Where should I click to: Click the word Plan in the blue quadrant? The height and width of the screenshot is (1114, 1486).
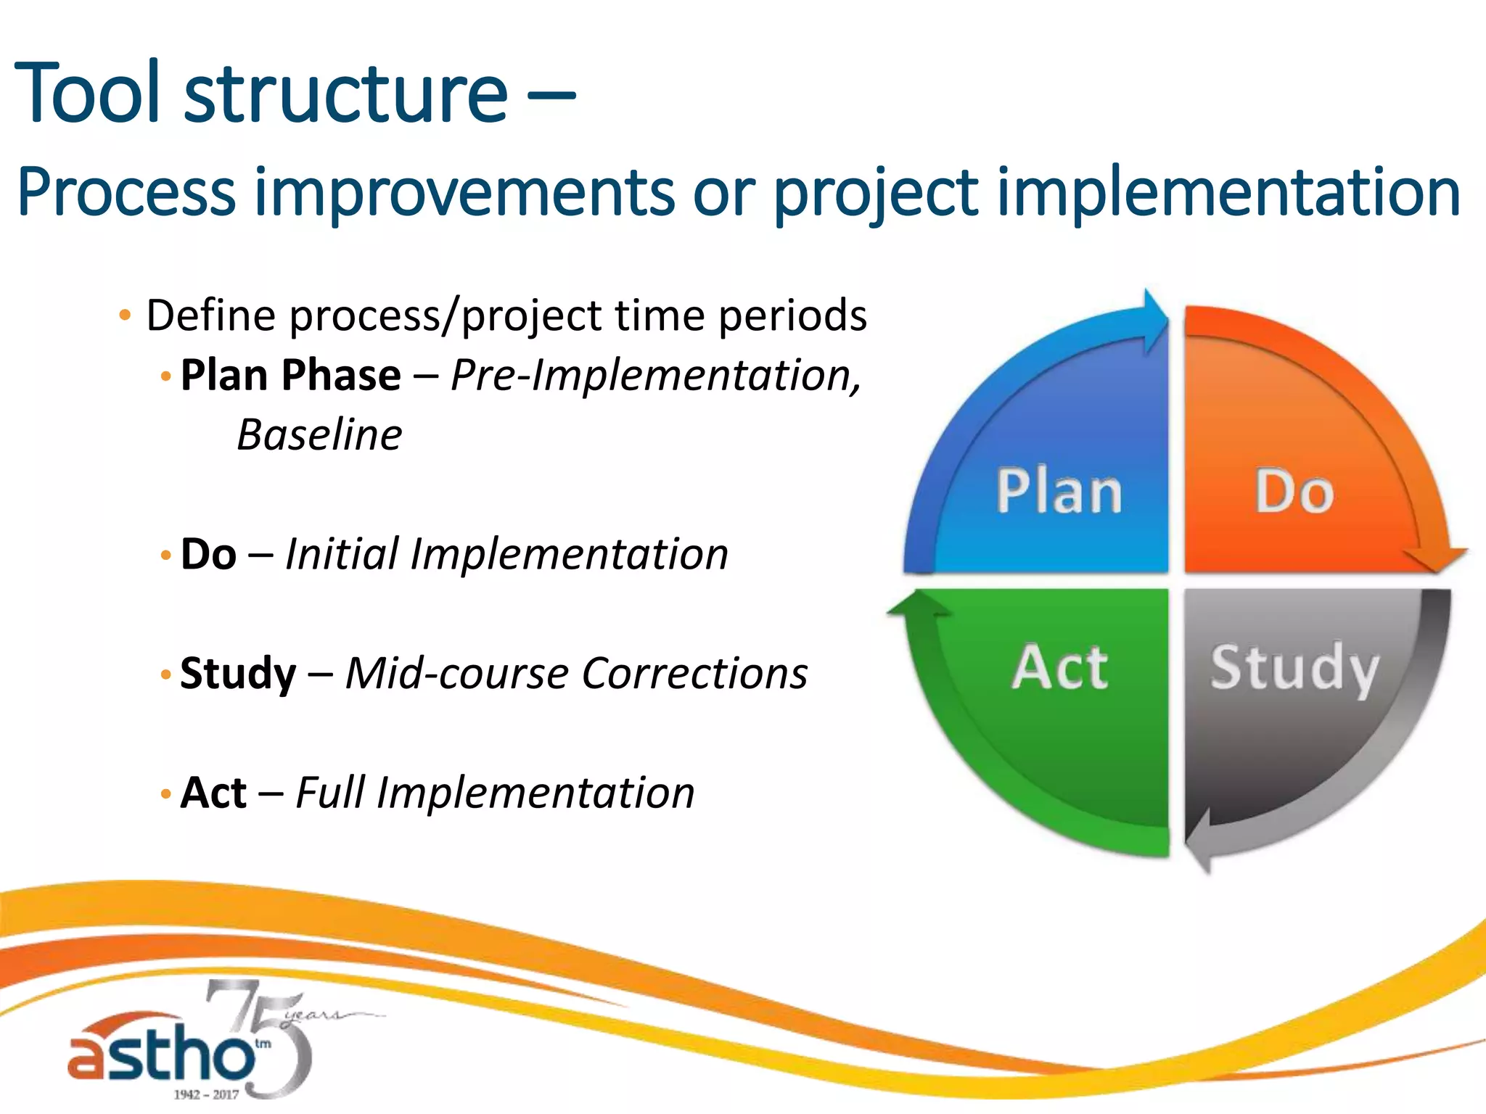click(x=1059, y=492)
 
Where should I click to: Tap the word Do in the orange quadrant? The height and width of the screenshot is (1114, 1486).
click(x=1294, y=492)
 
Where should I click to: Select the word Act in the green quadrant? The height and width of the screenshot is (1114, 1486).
click(x=1060, y=667)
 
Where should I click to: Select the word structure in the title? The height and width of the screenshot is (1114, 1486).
click(x=346, y=94)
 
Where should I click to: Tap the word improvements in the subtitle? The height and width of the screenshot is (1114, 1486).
click(x=464, y=192)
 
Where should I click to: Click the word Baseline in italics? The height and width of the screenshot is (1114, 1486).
click(x=319, y=435)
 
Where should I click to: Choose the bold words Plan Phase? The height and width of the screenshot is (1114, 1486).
click(x=290, y=375)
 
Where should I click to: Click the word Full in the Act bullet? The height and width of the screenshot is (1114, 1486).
click(x=330, y=792)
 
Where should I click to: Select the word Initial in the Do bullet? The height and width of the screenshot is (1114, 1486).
click(x=342, y=554)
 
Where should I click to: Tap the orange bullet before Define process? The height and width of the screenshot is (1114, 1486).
click(x=125, y=315)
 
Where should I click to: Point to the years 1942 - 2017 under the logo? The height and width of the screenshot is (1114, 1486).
click(x=206, y=1094)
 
